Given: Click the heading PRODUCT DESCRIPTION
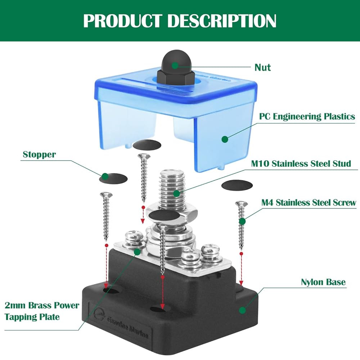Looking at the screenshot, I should [180, 21].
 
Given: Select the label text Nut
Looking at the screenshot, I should [262, 67].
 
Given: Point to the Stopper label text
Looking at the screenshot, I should [39, 155].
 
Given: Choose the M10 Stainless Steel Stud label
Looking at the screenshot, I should [301, 164].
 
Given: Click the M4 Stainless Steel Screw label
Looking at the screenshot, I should [309, 203].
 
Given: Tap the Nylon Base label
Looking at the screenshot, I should [323, 282].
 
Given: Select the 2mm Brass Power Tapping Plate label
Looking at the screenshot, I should [42, 311].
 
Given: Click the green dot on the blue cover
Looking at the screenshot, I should [225, 139].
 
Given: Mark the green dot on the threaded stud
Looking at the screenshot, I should [176, 193].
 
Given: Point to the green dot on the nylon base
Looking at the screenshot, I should [243, 309].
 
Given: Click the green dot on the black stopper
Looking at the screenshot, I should [105, 176].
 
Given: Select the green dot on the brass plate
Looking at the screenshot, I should [136, 252].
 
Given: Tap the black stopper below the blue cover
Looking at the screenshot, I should [147, 145].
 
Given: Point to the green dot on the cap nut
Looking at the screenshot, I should [175, 65].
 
